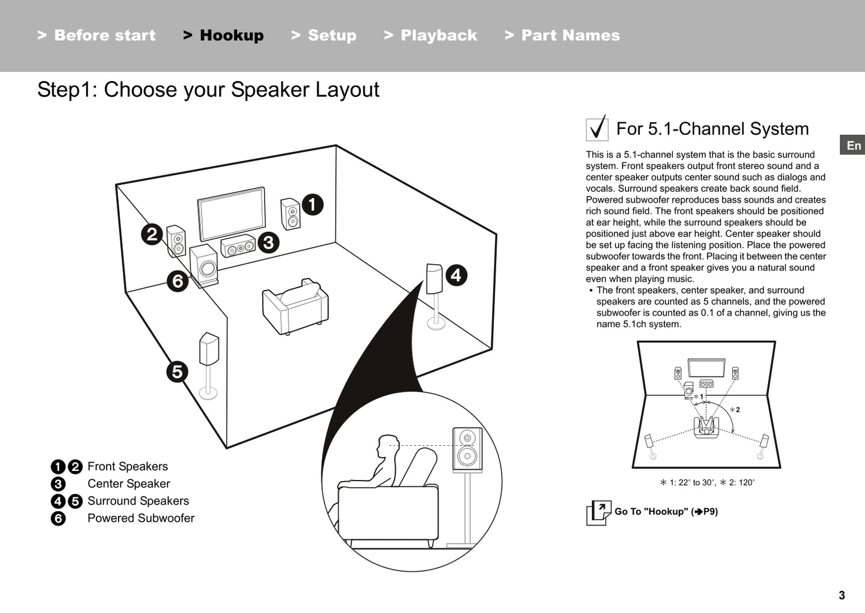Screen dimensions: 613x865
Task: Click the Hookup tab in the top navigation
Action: (x=224, y=35)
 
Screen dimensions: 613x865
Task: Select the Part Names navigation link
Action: (x=563, y=35)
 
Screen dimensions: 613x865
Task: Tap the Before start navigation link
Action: (x=97, y=35)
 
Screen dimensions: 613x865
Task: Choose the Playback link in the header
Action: (x=431, y=35)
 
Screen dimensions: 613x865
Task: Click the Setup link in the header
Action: (x=324, y=35)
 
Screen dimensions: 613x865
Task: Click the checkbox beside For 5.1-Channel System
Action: (x=597, y=129)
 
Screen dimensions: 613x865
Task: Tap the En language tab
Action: (x=853, y=146)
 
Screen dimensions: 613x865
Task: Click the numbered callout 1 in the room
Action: (x=312, y=205)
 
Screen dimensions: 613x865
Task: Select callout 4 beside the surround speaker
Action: (x=456, y=276)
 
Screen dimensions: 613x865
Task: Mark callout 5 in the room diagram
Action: (x=177, y=372)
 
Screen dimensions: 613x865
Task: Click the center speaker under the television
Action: (x=238, y=246)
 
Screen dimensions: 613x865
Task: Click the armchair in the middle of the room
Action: (x=295, y=307)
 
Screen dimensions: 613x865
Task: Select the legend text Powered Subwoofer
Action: (x=141, y=518)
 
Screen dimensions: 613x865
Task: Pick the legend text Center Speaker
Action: (x=129, y=484)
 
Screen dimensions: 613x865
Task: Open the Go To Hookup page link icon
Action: (x=599, y=512)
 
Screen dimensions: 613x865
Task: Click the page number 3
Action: (x=842, y=595)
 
